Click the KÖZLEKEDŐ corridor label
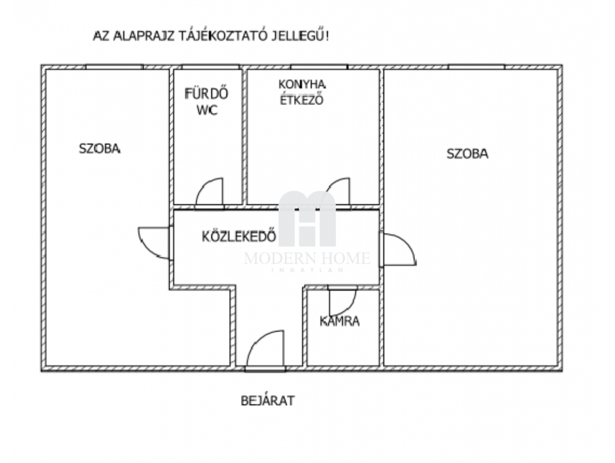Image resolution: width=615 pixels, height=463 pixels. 239,236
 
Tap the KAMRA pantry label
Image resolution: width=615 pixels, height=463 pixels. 340,321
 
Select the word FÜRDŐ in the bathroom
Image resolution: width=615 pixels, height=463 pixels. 206,93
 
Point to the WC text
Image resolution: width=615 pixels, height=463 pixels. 206,110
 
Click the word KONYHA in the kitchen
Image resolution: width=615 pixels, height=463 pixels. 302,84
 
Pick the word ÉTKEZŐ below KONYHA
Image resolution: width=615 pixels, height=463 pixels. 302,100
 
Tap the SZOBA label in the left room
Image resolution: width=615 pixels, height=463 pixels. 100,149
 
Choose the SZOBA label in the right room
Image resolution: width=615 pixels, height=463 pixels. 468,154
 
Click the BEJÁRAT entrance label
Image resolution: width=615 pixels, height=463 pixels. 267,401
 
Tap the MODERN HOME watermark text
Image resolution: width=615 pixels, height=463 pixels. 307,258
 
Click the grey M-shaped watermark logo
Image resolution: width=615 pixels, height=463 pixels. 307,219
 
